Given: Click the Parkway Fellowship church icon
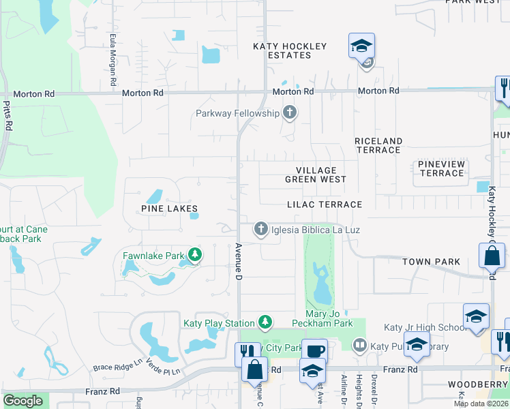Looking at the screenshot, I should [x=290, y=112].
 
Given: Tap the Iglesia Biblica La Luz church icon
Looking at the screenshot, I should [x=260, y=230].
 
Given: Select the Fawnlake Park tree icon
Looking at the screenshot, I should [x=196, y=256].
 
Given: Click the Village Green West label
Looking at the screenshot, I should [x=316, y=175].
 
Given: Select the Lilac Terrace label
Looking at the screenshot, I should [x=324, y=204].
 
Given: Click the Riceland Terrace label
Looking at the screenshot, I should [x=378, y=145].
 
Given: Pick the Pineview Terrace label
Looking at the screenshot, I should [x=442, y=169].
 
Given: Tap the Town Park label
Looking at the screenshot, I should [x=431, y=262].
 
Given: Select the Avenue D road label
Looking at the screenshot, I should [x=239, y=262].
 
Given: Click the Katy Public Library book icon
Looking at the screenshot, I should [x=360, y=346].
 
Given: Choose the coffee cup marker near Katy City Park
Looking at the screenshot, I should [x=314, y=352].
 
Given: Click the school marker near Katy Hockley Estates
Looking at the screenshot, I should [x=361, y=46].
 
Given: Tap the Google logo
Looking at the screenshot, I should [x=22, y=400].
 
